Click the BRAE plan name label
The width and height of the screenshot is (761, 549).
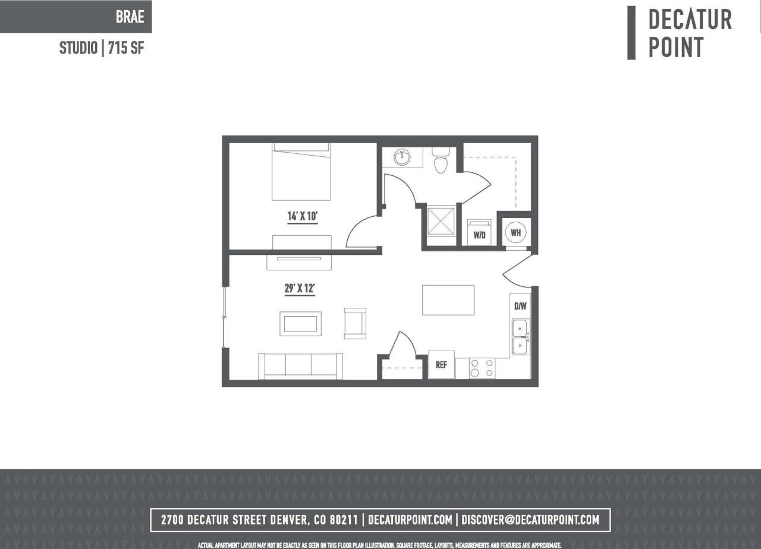pyautogui.click(x=130, y=17)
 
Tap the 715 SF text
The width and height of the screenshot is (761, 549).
pyautogui.click(x=125, y=48)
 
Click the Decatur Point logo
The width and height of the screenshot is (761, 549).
pyautogui.click(x=681, y=33)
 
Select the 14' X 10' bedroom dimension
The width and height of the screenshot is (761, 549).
pyautogui.click(x=302, y=217)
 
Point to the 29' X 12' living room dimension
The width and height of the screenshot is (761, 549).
pyautogui.click(x=299, y=289)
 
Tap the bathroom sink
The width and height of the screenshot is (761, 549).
pyautogui.click(x=402, y=158)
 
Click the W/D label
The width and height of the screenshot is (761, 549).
pyautogui.click(x=479, y=235)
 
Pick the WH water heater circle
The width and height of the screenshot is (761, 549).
pyautogui.click(x=515, y=232)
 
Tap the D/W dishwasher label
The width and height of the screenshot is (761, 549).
pyautogui.click(x=520, y=307)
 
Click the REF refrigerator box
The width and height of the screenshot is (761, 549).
pyautogui.click(x=441, y=365)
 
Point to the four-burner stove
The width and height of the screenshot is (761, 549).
pyautogui.click(x=482, y=368)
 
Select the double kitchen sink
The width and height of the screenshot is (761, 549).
pyautogui.click(x=520, y=337)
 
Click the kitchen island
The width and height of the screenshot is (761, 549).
pyautogui.click(x=448, y=300)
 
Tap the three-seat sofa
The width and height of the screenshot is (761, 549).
pyautogui.click(x=300, y=366)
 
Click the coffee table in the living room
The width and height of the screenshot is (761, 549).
pyautogui.click(x=300, y=324)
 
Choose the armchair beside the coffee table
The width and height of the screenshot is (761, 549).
pyautogui.click(x=355, y=324)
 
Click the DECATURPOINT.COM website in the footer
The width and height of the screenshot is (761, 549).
pyautogui.click(x=410, y=520)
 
